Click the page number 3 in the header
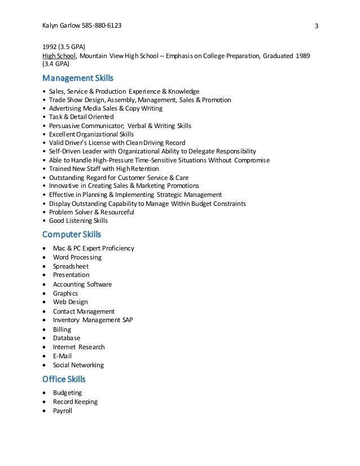[317, 27]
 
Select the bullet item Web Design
[69, 302]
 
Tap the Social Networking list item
[78, 365]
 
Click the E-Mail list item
[63, 356]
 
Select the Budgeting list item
[67, 393]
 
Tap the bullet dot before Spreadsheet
[45, 266]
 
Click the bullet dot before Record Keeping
[45, 402]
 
